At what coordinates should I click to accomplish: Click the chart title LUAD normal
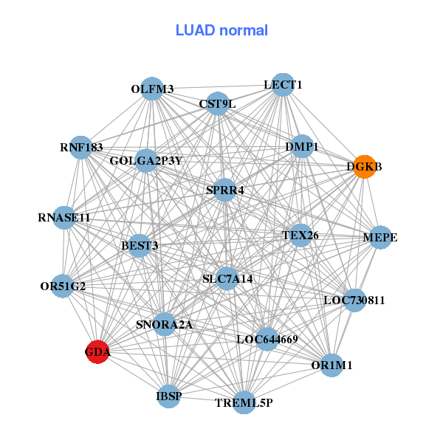coord(221,31)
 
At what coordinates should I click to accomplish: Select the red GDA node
coord(98,351)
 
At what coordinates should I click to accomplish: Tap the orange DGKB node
coord(364,167)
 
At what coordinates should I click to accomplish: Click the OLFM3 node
coord(152,89)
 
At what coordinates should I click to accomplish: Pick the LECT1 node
coord(283,85)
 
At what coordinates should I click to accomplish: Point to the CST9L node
coord(217,104)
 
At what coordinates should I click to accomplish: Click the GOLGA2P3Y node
coord(146,160)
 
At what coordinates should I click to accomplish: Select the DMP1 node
coord(301,147)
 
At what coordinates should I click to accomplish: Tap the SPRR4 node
coord(225,190)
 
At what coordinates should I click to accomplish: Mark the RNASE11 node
coord(64,218)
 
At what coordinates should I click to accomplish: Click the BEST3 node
coord(140,245)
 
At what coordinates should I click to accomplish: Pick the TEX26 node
coord(301,236)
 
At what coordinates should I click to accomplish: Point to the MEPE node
coord(380,237)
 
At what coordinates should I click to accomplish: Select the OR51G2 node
coord(63,286)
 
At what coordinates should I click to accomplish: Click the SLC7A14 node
coord(227,278)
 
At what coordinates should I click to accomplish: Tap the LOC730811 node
coord(354,301)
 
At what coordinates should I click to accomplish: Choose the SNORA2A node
coord(164,323)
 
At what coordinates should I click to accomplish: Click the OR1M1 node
coord(332,365)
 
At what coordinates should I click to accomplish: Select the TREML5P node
coord(244,402)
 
